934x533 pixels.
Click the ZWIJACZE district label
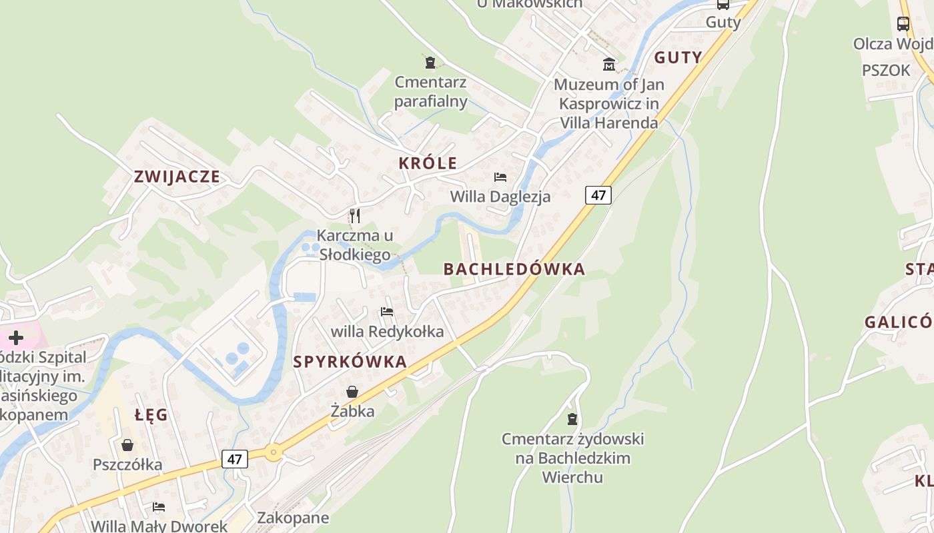[x=177, y=177]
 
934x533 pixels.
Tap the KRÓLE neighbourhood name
[x=428, y=163]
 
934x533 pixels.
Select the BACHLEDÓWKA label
[x=514, y=269]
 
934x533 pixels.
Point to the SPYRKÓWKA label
[x=350, y=362]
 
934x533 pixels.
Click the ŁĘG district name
[x=151, y=415]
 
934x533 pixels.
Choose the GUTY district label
[x=678, y=57]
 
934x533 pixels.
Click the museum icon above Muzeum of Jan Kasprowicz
[x=608, y=65]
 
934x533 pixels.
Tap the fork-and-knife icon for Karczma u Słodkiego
[x=354, y=216]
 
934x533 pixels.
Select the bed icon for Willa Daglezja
[x=500, y=177]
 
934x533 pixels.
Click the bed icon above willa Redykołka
[x=386, y=312]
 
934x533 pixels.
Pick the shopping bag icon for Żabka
[x=352, y=392]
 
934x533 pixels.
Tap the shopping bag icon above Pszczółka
[x=127, y=444]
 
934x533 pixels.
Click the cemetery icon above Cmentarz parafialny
[x=430, y=63]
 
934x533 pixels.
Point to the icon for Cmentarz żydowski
[x=572, y=419]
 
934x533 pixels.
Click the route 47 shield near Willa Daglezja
[x=598, y=195]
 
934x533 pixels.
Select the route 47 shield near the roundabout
[x=234, y=459]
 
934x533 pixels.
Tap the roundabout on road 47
[x=274, y=452]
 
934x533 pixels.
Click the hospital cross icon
[x=15, y=338]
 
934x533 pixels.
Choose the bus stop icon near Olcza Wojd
[x=903, y=24]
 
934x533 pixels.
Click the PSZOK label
[x=885, y=71]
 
